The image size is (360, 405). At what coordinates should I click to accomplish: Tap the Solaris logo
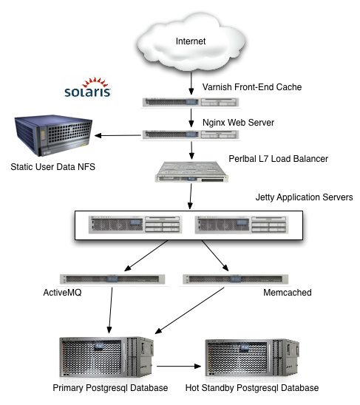(88, 87)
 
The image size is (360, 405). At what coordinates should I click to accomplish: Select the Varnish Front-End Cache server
(191, 102)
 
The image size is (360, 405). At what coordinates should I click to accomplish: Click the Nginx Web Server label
(238, 123)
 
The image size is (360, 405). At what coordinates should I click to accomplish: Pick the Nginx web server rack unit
(191, 135)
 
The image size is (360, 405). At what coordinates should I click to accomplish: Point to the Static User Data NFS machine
(53, 135)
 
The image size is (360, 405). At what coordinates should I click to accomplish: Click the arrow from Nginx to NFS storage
(118, 135)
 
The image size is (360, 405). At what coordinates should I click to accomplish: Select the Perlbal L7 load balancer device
(191, 171)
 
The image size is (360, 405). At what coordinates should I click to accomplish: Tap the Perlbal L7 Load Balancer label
(279, 159)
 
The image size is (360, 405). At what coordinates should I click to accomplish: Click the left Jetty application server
(135, 225)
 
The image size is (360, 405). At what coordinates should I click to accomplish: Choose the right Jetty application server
(242, 225)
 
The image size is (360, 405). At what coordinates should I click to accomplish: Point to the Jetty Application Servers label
(304, 197)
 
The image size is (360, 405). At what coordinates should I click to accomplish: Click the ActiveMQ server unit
(112, 279)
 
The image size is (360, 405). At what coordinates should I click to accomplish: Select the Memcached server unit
(235, 279)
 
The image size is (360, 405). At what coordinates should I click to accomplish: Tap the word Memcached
(288, 293)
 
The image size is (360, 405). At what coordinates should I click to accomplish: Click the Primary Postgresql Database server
(106, 357)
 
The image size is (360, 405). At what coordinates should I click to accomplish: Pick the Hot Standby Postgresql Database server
(252, 358)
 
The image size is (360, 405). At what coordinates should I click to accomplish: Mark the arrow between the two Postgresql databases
(179, 366)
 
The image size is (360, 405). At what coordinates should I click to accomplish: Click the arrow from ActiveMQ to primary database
(111, 310)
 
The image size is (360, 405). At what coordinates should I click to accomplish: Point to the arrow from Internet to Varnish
(191, 84)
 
